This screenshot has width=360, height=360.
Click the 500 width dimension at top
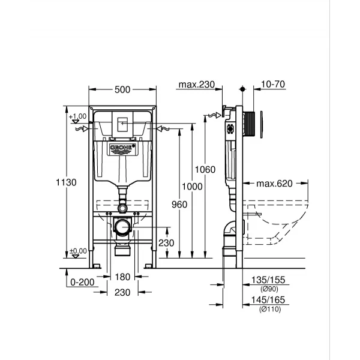(122, 89)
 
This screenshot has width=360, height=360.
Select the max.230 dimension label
(197, 85)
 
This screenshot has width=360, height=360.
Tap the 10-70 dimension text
(272, 85)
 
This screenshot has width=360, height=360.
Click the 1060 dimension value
(205, 170)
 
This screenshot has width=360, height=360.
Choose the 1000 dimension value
(192, 187)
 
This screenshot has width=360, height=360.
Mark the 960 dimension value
(178, 204)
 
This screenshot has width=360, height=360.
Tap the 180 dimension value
(122, 277)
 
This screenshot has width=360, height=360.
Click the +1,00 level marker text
(78, 116)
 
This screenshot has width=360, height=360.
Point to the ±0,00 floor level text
(78, 251)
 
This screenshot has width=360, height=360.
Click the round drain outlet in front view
(122, 227)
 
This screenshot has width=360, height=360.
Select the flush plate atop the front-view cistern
(122, 123)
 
